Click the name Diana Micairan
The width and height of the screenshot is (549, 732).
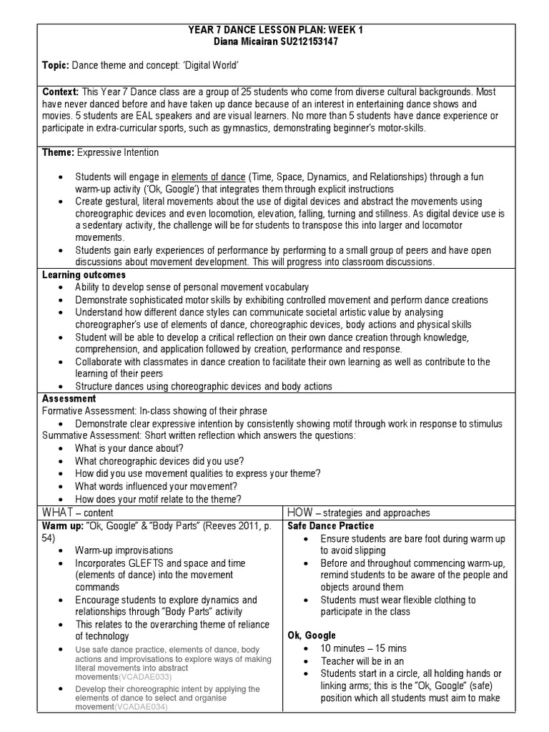click(241, 42)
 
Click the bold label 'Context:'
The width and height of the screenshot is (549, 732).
click(61, 92)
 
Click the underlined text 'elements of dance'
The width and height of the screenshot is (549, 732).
click(209, 177)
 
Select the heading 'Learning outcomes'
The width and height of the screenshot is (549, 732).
click(84, 274)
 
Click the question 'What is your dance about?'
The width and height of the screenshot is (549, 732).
click(131, 448)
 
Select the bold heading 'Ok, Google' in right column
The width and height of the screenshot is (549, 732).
click(311, 635)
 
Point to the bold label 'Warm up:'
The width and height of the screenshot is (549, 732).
click(63, 525)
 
